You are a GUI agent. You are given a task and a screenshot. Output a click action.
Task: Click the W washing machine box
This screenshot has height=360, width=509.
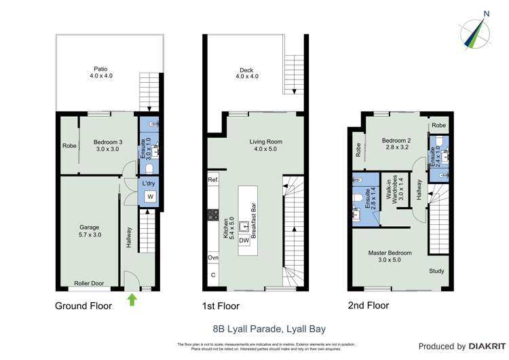150,197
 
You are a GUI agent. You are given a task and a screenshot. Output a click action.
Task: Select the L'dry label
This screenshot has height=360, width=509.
149,183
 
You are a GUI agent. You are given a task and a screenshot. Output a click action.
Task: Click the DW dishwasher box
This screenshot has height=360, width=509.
244,240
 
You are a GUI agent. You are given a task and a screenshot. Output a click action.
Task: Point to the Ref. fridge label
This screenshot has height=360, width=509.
213,180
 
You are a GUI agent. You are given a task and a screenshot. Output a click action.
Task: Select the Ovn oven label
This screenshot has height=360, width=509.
213,258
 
